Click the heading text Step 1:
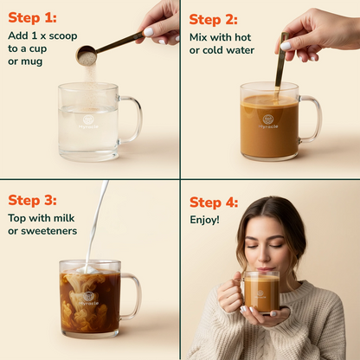point(32,17)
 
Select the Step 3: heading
point(33,200)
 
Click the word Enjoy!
point(205,220)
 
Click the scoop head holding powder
point(87,56)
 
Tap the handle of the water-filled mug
point(131,119)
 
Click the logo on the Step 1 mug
point(87,120)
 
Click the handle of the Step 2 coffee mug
point(311,119)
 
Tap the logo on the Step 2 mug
point(268,120)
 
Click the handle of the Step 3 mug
point(131,296)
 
